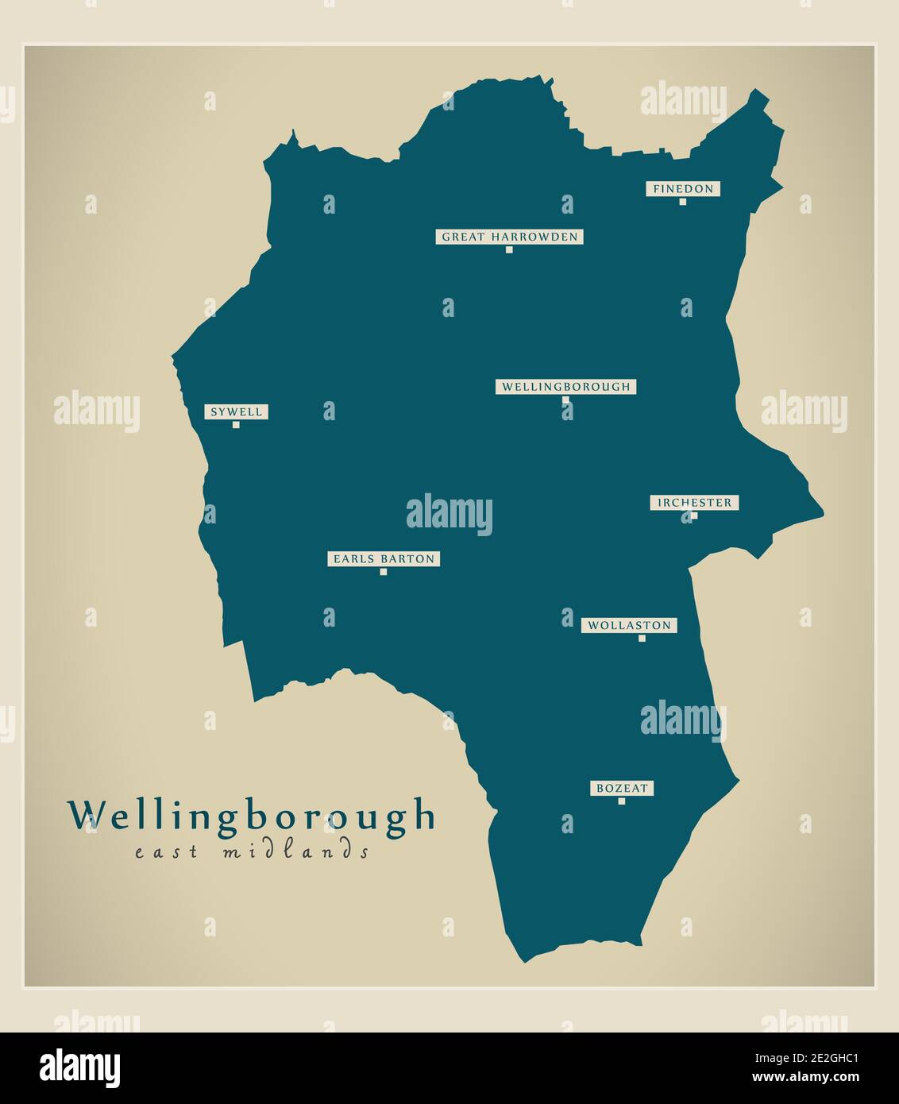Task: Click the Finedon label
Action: [683, 189]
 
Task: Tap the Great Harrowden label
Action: [509, 237]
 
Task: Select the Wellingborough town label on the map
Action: [565, 387]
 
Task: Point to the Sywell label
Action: [236, 412]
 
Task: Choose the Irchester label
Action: [694, 503]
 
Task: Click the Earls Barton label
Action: [384, 559]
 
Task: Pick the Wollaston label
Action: [629, 626]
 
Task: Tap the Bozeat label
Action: [622, 789]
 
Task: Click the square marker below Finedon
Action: [683, 202]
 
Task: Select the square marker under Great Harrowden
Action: [509, 249]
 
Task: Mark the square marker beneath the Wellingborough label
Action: [565, 400]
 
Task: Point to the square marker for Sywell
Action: [236, 425]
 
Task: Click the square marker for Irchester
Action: [694, 515]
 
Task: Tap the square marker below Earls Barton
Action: [384, 572]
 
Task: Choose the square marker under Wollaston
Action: [642, 639]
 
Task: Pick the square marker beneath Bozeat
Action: [622, 801]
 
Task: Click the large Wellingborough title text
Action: [252, 816]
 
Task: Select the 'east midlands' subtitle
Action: [252, 853]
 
